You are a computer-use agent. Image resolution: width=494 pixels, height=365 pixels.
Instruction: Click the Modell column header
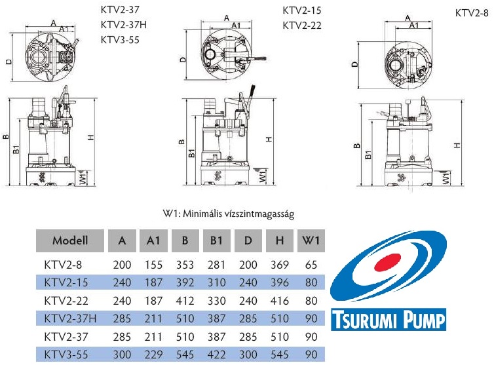pos(70,240)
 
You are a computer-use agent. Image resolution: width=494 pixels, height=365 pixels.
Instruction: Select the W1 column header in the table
pos(311,240)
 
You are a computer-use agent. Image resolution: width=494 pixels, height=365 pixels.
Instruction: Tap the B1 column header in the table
pos(216,240)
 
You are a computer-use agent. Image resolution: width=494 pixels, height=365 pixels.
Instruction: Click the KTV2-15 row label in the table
pos(66,282)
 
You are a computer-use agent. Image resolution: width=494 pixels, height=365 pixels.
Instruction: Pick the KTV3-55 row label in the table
pos(66,355)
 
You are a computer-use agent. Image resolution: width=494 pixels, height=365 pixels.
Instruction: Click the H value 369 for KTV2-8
pos(280,265)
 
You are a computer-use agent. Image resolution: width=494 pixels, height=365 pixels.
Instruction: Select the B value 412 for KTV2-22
pos(185,301)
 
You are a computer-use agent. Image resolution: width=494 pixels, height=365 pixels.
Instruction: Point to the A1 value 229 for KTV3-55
pos(153,355)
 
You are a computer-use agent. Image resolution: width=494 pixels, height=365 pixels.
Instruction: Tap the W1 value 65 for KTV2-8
pos(311,265)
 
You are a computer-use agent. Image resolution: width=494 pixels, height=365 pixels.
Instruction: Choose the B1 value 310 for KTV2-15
pos(216,282)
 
